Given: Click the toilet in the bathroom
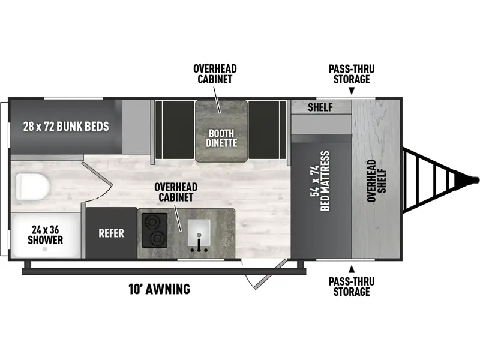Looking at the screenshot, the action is [x=33, y=187].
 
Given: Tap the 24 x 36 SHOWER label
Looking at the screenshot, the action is [x=46, y=235].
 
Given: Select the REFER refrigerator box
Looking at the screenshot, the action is [x=111, y=233].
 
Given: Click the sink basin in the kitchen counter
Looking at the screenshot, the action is [x=199, y=232].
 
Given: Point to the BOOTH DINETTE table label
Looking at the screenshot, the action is [x=221, y=138].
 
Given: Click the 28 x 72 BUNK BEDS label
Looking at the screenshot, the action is [x=66, y=126].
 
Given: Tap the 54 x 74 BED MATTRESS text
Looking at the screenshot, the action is [x=320, y=181].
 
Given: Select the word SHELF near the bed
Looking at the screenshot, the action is [x=320, y=107].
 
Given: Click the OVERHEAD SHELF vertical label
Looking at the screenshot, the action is [x=377, y=181].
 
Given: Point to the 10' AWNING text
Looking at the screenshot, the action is [x=159, y=289].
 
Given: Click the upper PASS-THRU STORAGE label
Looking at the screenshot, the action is [x=352, y=74].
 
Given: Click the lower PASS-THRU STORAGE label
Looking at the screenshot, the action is [x=352, y=287].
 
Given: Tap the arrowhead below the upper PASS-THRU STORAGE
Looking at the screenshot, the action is [x=352, y=91].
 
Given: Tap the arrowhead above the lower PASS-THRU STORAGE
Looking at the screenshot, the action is [x=352, y=269].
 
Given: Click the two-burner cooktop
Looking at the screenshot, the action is [x=154, y=230].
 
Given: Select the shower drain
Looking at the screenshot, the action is [x=44, y=249].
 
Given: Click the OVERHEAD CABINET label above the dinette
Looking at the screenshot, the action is [x=215, y=74].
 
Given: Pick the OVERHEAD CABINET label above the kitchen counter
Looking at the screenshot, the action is [x=176, y=192].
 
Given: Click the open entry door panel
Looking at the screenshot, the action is [x=271, y=274].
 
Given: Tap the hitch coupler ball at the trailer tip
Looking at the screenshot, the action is [x=475, y=180].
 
